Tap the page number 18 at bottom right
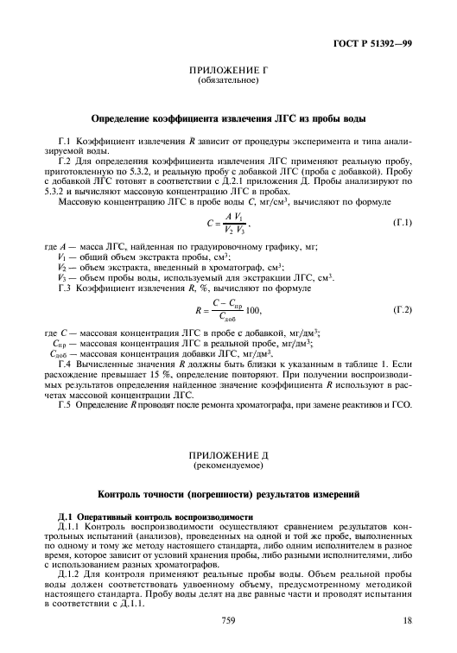point(408,620)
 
